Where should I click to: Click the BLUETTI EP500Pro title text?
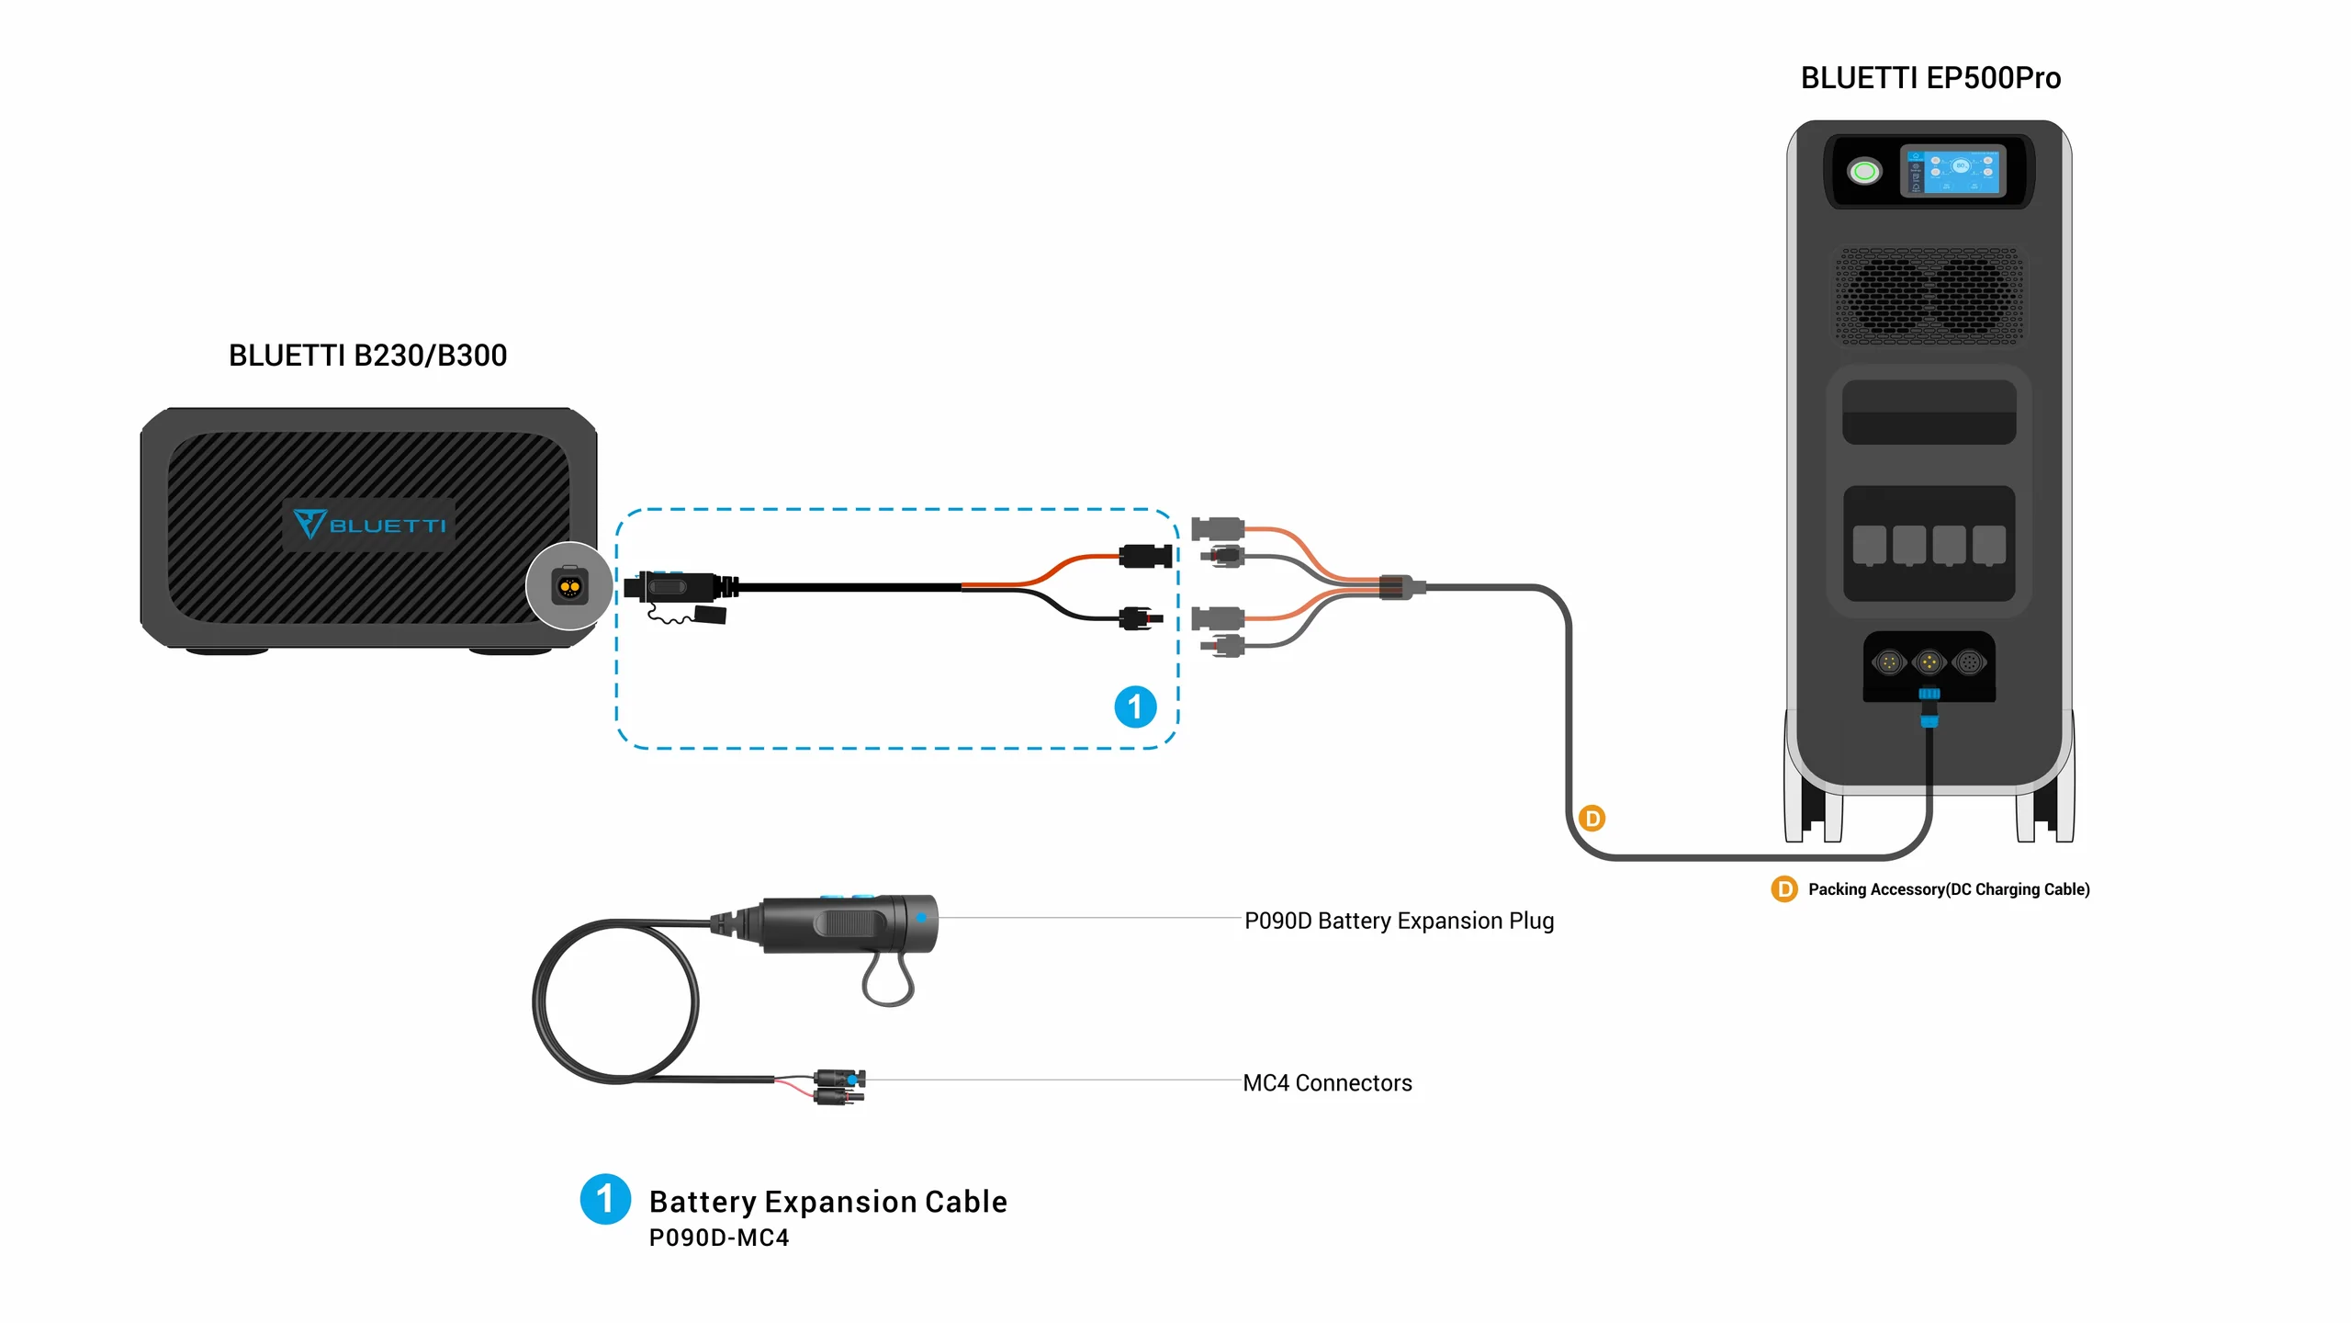pos(1929,78)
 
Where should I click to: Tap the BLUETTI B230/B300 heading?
pos(367,356)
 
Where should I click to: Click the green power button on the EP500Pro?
pos(1864,172)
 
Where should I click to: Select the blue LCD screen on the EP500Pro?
pos(1952,171)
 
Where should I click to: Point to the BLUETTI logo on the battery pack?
pos(369,525)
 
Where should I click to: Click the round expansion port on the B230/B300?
pos(569,586)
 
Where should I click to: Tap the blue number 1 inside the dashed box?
pos(1135,707)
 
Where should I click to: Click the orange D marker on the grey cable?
pos(1592,818)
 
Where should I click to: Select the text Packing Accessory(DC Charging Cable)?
pos(1949,889)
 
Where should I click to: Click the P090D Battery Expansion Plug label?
pos(1399,921)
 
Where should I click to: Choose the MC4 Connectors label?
pos(1327,1083)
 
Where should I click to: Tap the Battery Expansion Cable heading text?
pos(827,1202)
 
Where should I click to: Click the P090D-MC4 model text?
pos(719,1238)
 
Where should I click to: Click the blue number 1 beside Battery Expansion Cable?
pos(605,1199)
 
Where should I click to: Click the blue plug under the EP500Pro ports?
pos(1929,706)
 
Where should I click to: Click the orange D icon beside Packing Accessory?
pos(1783,889)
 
